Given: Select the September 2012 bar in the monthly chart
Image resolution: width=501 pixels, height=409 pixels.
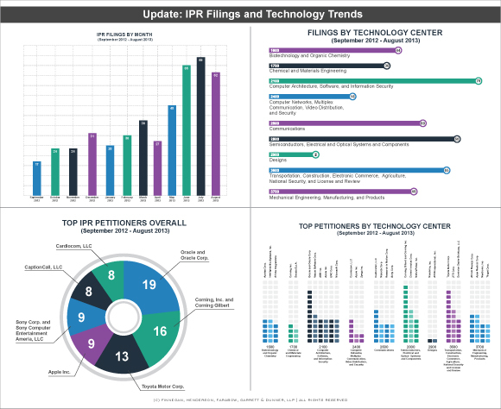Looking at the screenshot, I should (35, 178).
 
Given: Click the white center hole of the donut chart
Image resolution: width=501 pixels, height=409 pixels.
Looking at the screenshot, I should (120, 311).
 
